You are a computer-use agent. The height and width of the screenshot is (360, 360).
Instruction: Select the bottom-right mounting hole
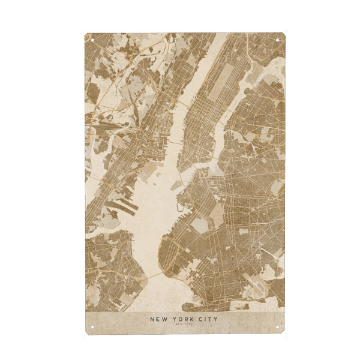277,327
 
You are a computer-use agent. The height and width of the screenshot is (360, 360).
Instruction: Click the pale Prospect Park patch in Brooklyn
217,213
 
